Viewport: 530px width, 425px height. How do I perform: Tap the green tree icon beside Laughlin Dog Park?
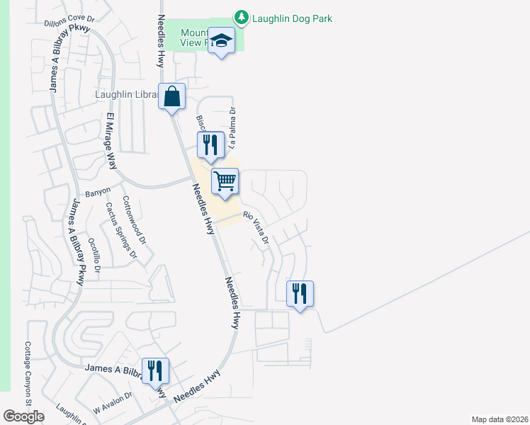pyautogui.click(x=242, y=17)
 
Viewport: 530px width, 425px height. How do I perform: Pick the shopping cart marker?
pyautogui.click(x=225, y=181)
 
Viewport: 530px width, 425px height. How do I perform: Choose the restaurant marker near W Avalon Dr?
pyautogui.click(x=154, y=371)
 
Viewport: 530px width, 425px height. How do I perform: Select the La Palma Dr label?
pyautogui.click(x=232, y=127)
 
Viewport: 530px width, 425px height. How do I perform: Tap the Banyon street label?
pyautogui.click(x=98, y=192)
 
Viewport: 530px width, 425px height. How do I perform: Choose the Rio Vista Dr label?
pyautogui.click(x=256, y=229)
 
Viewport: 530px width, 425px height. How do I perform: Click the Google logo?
pyautogui.click(x=23, y=416)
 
